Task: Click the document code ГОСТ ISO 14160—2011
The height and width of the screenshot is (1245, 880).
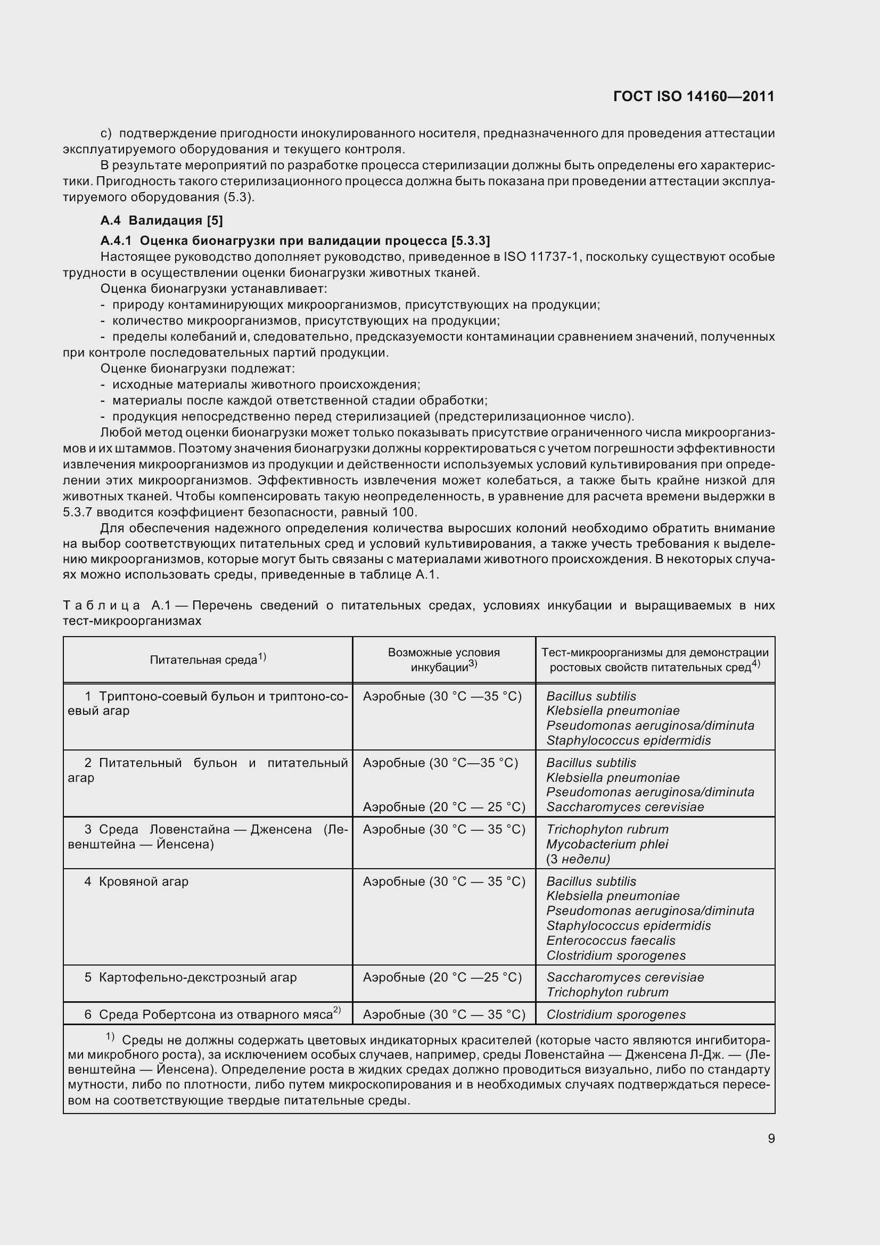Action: pyautogui.click(x=694, y=96)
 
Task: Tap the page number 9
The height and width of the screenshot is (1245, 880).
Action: pyautogui.click(x=771, y=1138)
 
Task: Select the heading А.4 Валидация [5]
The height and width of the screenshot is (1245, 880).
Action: pyautogui.click(x=162, y=220)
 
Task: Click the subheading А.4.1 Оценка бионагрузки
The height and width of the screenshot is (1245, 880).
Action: pyautogui.click(x=295, y=240)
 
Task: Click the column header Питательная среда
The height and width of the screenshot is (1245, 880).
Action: pyautogui.click(x=207, y=659)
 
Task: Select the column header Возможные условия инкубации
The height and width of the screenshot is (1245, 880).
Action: pyautogui.click(x=443, y=659)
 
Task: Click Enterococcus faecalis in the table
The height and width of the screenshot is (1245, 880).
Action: pyautogui.click(x=611, y=941)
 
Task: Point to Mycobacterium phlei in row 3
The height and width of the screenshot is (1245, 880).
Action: pyautogui.click(x=607, y=844)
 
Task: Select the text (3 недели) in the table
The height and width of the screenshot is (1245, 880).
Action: pyautogui.click(x=578, y=859)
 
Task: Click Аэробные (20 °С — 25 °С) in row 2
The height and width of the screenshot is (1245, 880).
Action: pyautogui.click(x=443, y=807)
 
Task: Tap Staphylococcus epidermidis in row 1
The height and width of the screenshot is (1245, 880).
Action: pyautogui.click(x=628, y=740)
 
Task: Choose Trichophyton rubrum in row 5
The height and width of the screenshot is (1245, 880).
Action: pyautogui.click(x=607, y=992)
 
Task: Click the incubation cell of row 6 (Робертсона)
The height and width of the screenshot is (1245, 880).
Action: pyautogui.click(x=443, y=1014)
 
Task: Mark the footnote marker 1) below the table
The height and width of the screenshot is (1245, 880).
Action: pyautogui.click(x=110, y=1037)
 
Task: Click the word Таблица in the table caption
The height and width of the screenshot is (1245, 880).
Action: pyautogui.click(x=101, y=605)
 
